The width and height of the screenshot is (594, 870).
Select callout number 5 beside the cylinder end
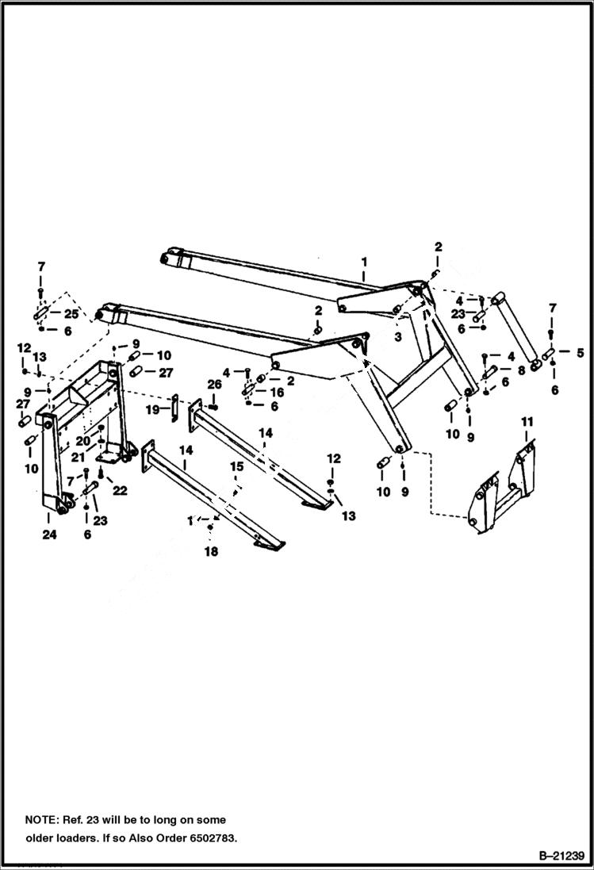(580, 352)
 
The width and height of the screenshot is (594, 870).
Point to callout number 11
(527, 421)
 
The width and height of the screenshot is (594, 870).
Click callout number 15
(236, 467)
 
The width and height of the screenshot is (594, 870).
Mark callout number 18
(211, 551)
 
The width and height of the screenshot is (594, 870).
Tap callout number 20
(82, 441)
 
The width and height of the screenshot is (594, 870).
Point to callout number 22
(120, 491)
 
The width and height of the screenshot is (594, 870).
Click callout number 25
(71, 314)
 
